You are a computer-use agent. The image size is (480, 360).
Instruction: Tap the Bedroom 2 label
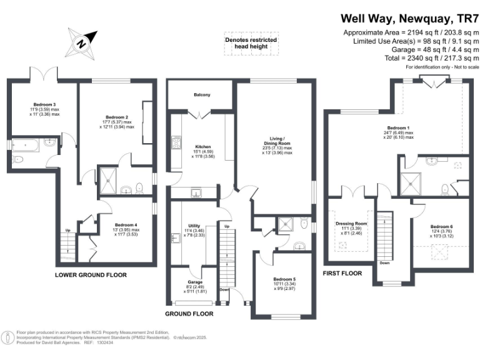(x=117, y=117)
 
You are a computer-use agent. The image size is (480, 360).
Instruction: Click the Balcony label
(x=201, y=94)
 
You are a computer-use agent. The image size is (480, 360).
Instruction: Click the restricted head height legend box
(x=251, y=44)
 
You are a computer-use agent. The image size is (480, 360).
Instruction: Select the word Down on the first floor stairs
(x=384, y=263)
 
